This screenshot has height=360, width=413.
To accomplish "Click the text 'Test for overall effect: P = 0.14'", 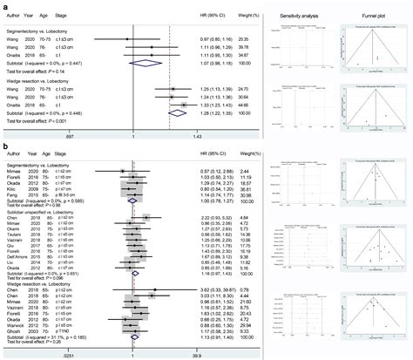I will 39,70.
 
